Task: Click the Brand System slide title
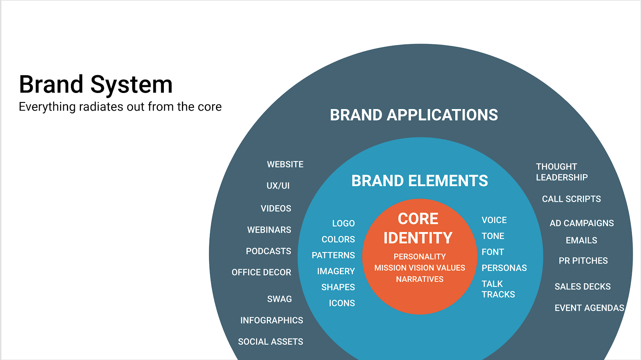(96, 84)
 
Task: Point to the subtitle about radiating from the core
(120, 107)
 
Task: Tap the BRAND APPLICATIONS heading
(414, 115)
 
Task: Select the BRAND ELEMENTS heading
(419, 181)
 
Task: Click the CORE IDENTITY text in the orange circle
(418, 228)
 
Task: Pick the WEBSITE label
(285, 165)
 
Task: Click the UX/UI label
(278, 186)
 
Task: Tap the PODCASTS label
(268, 251)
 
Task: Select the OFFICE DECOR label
(261, 272)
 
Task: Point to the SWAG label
(279, 299)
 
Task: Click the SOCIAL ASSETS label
(270, 342)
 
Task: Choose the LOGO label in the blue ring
(343, 223)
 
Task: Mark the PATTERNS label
(333, 255)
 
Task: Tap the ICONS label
(342, 303)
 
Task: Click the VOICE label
(494, 220)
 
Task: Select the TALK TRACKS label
(498, 289)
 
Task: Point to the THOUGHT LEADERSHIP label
(562, 172)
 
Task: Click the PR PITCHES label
(583, 261)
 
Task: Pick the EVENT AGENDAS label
(589, 308)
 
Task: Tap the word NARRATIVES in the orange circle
(419, 279)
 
